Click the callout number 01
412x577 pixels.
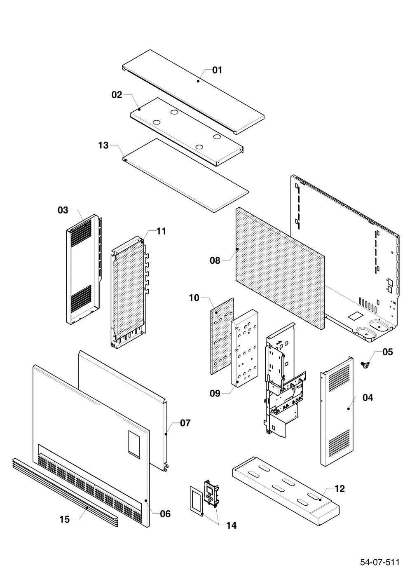(x=217, y=70)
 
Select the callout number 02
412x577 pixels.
(x=117, y=95)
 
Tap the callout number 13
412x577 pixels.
(x=103, y=145)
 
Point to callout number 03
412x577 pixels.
(x=63, y=210)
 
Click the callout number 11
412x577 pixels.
(x=161, y=231)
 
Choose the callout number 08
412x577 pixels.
(x=215, y=260)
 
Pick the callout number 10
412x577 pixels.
(x=194, y=298)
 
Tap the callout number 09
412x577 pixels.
(x=215, y=393)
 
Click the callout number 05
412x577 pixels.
(x=388, y=352)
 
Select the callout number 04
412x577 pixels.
(x=368, y=398)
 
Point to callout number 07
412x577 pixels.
(x=185, y=423)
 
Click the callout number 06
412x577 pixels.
(x=165, y=514)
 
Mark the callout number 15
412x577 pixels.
(x=65, y=520)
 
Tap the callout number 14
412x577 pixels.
(x=231, y=525)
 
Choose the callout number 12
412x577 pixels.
(x=339, y=489)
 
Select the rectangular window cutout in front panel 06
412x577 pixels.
(x=134, y=444)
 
